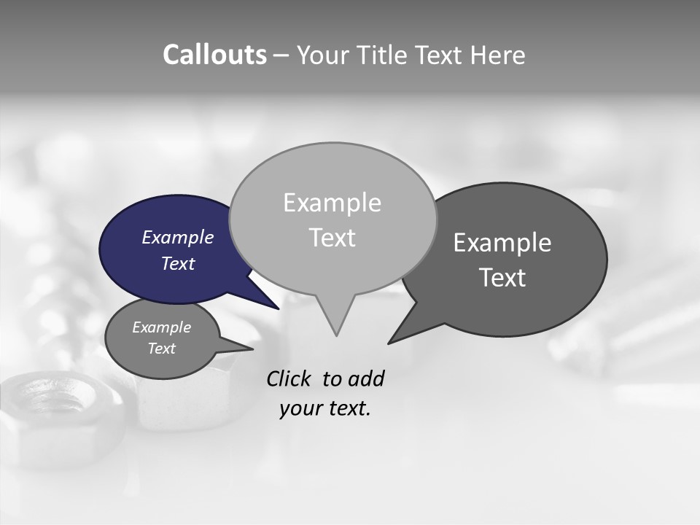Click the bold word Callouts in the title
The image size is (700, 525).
[215, 55]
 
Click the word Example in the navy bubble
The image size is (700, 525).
[178, 238]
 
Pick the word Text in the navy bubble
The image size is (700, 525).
[178, 263]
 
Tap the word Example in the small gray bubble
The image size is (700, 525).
[161, 327]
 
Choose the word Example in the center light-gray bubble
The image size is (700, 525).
[332, 203]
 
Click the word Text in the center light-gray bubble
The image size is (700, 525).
[332, 238]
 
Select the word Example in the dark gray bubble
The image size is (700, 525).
[502, 243]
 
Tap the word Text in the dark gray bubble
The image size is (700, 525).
[502, 278]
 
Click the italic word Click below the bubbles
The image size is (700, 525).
[290, 379]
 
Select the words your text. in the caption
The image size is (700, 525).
[325, 409]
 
